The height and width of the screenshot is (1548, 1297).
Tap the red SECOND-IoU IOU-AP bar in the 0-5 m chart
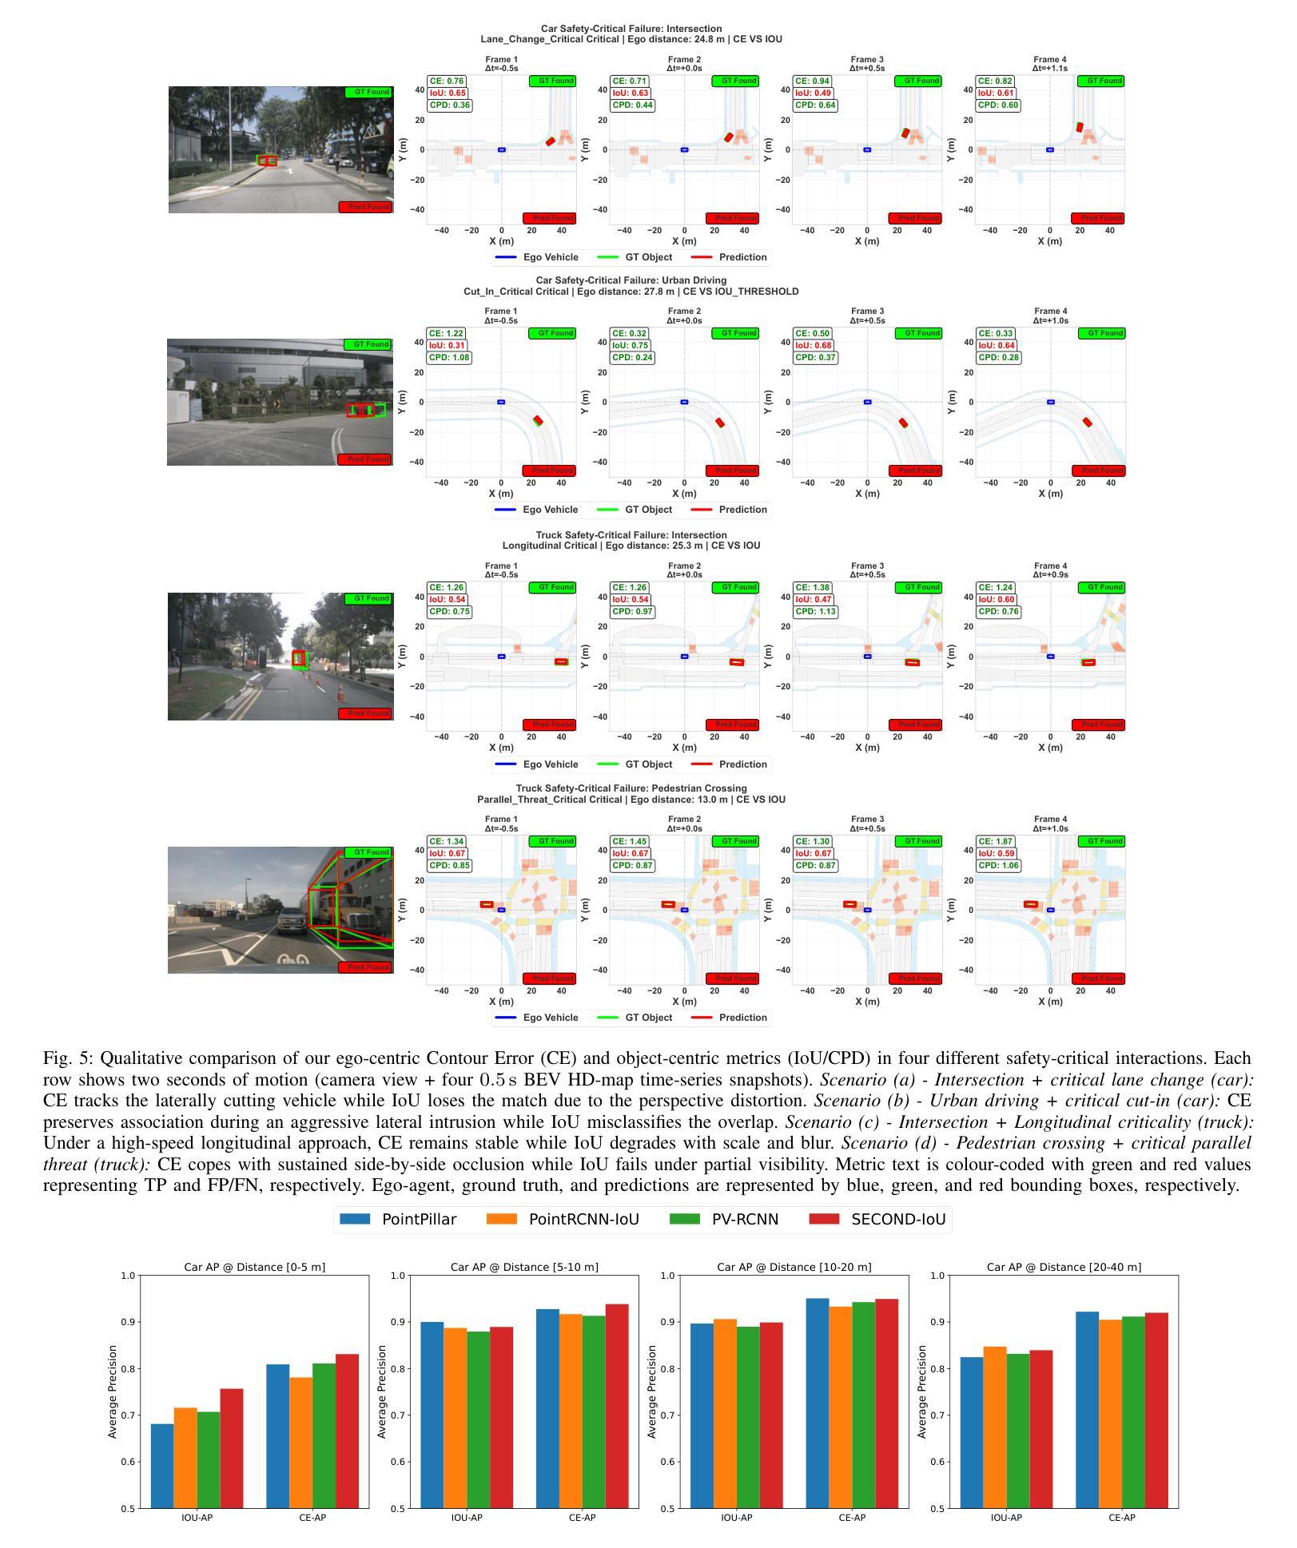[232, 1448]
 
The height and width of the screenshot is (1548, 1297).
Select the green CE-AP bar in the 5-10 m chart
[594, 1411]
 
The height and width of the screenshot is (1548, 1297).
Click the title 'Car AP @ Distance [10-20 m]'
[794, 1267]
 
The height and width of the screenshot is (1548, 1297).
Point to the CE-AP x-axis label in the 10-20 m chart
[852, 1518]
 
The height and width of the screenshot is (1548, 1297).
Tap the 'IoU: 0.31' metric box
[447, 346]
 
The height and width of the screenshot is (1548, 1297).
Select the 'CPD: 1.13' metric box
[815, 612]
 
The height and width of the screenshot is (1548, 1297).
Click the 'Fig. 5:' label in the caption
[69, 1058]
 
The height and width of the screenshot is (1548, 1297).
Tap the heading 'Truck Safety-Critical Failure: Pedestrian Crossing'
[631, 788]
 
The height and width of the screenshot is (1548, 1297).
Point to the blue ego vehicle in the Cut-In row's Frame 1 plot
[501, 402]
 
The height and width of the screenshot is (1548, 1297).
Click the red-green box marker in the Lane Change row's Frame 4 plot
[1080, 127]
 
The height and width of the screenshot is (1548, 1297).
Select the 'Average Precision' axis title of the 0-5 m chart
[113, 1392]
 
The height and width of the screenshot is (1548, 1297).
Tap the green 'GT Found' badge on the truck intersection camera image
[368, 598]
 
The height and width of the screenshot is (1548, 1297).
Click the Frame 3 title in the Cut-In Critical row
[867, 311]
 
